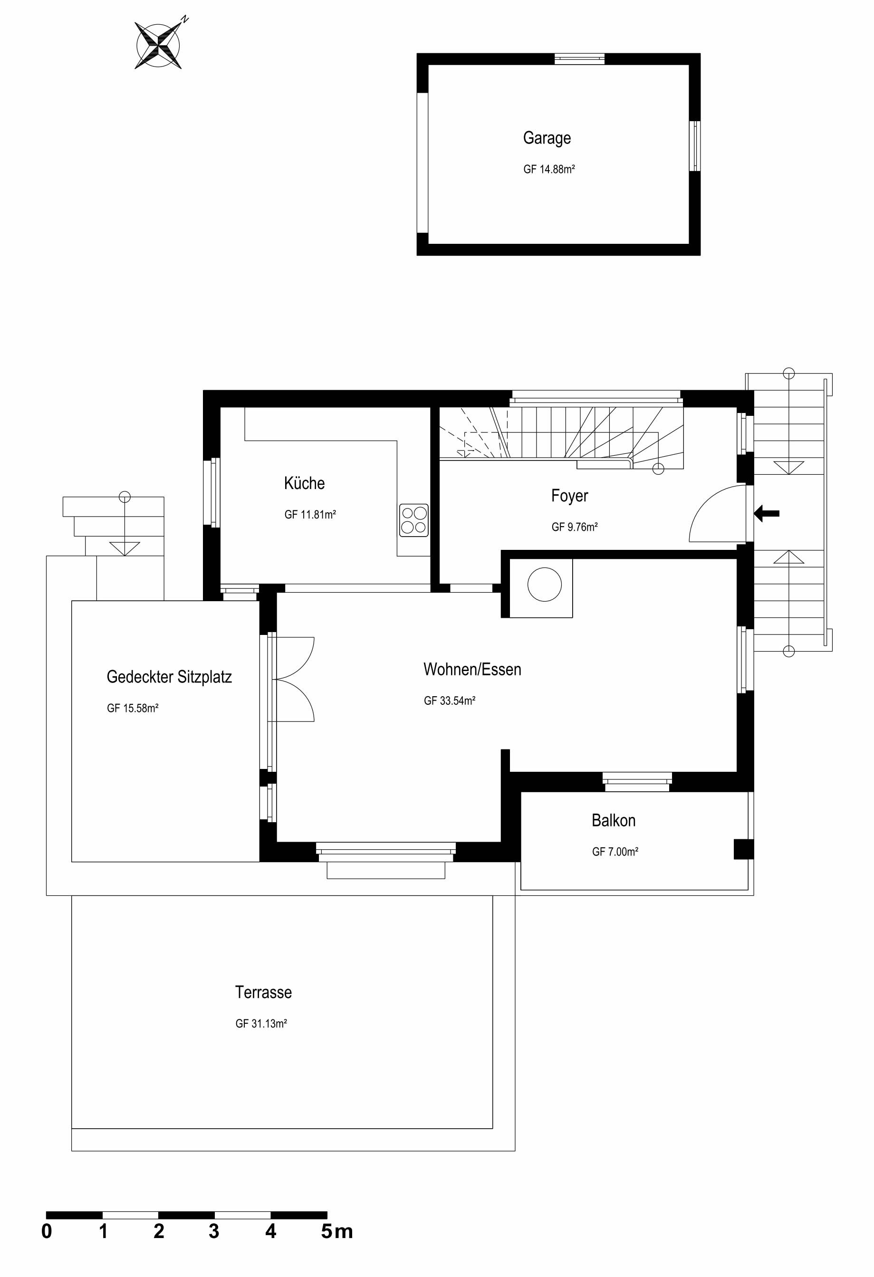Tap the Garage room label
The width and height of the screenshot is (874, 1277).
(x=547, y=138)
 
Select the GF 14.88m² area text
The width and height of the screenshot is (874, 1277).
(x=549, y=169)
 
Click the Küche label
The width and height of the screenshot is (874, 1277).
(x=304, y=483)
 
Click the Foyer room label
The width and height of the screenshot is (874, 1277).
(x=570, y=496)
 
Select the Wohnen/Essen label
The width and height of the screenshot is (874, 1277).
(x=472, y=669)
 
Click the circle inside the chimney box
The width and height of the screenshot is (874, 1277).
(x=544, y=584)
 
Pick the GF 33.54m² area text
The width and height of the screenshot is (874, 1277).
(x=450, y=701)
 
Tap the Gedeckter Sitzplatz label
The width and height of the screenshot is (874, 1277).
(x=169, y=677)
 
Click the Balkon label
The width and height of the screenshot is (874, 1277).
(x=614, y=820)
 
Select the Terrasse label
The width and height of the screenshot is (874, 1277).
(x=263, y=992)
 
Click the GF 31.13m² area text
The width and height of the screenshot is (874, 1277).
(x=261, y=1024)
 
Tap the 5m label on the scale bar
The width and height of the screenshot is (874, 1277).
(x=337, y=1231)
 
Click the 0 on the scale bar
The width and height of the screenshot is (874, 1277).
(x=47, y=1231)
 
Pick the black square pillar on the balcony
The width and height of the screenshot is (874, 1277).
(x=744, y=849)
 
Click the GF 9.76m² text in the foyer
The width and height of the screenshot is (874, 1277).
(x=575, y=527)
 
